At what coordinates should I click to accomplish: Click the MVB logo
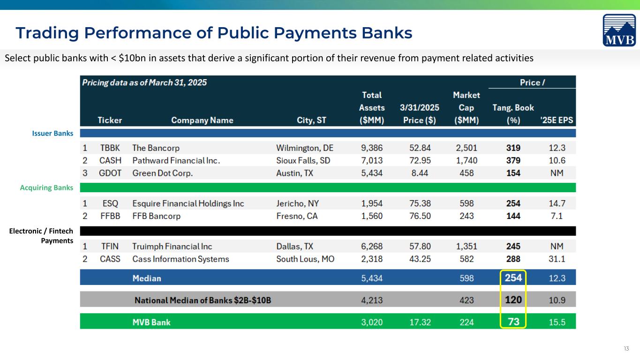[x=619, y=30]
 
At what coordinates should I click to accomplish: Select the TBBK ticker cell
[x=110, y=148]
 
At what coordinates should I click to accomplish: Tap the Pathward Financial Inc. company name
[x=176, y=160]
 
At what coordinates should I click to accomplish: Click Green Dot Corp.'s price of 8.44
[x=420, y=173]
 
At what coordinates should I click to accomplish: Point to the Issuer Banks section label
[x=53, y=133]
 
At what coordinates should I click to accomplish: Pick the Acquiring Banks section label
[x=46, y=187]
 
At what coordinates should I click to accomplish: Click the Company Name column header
[x=202, y=120]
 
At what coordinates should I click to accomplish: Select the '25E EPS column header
[x=557, y=120]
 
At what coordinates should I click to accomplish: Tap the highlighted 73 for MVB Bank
[x=513, y=322]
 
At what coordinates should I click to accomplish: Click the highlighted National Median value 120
[x=513, y=300]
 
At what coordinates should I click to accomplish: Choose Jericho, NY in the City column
[x=297, y=203]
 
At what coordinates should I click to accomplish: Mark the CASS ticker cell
[x=110, y=259]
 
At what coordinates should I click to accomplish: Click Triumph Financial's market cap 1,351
[x=467, y=246]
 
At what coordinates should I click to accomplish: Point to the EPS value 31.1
[x=557, y=259]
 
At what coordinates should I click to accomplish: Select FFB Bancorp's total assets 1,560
[x=372, y=216]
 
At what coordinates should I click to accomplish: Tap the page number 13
[x=626, y=349]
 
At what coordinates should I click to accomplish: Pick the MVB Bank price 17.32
[x=420, y=322]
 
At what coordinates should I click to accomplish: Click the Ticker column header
[x=110, y=120]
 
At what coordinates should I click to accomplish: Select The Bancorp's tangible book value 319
[x=513, y=148]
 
